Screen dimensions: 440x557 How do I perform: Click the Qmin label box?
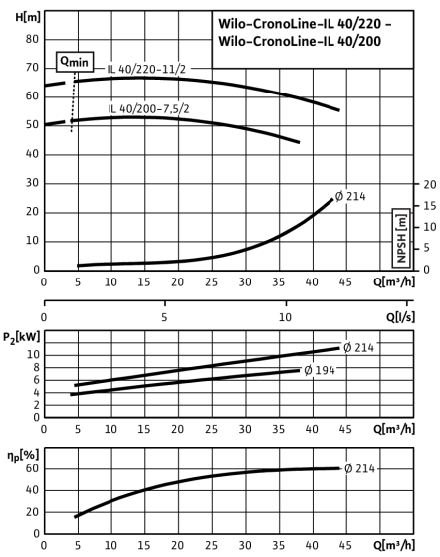[75, 61]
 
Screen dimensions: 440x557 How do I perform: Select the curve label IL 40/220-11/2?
[146, 69]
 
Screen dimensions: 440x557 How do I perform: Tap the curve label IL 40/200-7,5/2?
[148, 108]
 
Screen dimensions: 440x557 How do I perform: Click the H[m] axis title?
[28, 17]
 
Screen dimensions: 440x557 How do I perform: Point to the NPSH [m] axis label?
[401, 238]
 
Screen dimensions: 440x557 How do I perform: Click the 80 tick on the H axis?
[32, 39]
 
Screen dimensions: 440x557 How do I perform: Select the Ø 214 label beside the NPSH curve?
[350, 196]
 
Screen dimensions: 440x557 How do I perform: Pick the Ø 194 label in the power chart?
[320, 370]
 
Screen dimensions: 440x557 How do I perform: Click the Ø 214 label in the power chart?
[358, 347]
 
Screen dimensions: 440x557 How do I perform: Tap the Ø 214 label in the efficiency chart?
[359, 468]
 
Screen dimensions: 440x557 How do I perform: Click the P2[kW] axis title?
[21, 337]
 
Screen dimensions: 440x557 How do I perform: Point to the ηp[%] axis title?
[23, 456]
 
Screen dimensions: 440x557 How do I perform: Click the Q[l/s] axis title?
[400, 316]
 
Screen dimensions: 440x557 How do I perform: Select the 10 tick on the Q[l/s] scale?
[285, 317]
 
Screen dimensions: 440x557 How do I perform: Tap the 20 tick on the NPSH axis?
[430, 184]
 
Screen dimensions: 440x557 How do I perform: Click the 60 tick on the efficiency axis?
[32, 468]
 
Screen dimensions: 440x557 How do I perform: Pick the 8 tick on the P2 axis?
[36, 368]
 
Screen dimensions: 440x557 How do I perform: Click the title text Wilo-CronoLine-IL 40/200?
[300, 41]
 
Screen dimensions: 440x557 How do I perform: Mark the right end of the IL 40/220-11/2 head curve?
[339, 110]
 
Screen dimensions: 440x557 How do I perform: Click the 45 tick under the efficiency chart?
[345, 545]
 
